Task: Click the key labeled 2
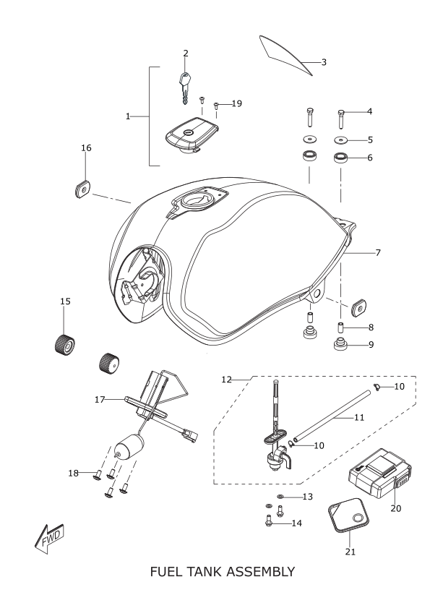tap(185, 88)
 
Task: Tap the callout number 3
tap(324, 62)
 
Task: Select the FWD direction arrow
tap(49, 538)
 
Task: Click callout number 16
tap(86, 147)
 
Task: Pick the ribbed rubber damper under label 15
tap(64, 343)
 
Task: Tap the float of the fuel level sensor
tap(129, 447)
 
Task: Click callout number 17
tap(100, 399)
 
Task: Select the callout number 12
tap(226, 380)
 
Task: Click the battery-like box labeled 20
tap(379, 473)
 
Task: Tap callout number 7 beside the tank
tap(378, 253)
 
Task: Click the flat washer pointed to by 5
tap(341, 140)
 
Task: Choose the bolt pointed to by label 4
tap(341, 119)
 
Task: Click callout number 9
tap(371, 344)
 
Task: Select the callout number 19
tap(237, 103)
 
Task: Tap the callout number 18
tap(73, 473)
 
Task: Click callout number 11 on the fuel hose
tap(359, 417)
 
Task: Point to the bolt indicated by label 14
tap(268, 521)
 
